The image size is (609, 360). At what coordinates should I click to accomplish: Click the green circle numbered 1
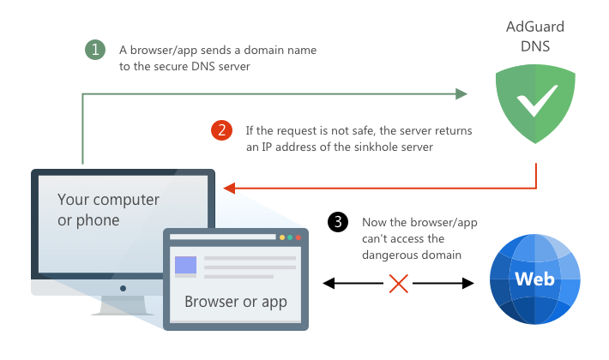point(96,51)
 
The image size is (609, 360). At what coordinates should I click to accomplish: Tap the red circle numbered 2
point(221,130)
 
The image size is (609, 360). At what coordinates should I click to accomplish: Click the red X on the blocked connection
point(398,283)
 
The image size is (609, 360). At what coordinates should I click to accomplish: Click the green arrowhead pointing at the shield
point(461,93)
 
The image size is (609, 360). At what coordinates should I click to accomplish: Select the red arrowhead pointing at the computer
point(229,187)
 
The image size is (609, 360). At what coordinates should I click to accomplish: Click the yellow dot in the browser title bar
point(281,237)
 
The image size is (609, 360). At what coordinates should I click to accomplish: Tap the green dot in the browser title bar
point(291,237)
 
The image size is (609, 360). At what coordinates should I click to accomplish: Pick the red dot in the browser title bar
point(300,237)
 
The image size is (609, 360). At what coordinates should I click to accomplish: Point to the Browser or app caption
point(236,302)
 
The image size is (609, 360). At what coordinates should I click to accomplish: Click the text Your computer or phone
point(108,210)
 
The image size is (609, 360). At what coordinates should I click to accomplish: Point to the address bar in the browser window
point(223,237)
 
